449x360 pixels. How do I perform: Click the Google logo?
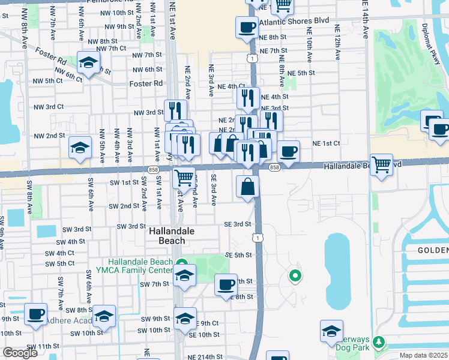point(20,353)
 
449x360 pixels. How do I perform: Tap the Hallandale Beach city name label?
point(167,235)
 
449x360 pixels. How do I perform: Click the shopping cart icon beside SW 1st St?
point(184,178)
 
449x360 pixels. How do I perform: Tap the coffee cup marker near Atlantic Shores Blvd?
point(247,28)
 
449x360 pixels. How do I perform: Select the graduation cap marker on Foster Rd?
point(88,63)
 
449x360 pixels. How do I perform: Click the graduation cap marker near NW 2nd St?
point(80,148)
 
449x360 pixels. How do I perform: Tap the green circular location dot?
point(294,276)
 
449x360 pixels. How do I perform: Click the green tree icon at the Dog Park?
point(378,342)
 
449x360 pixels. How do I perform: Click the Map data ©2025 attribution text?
point(423,355)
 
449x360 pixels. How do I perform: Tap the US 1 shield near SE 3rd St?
point(258,238)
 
